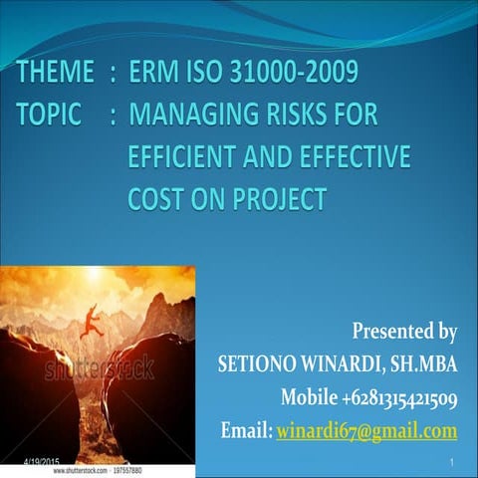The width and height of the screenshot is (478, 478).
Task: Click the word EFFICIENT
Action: coord(186,157)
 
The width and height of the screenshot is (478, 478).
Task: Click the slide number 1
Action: coord(451,463)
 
